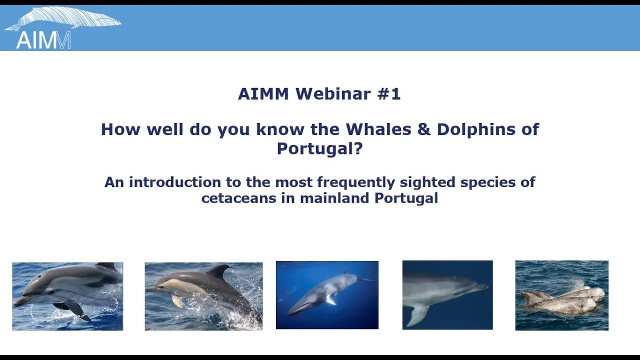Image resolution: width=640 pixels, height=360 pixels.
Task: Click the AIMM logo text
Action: click(x=43, y=40)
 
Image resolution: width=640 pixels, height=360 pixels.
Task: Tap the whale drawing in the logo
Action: click(x=63, y=18)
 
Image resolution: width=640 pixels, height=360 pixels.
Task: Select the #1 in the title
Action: click(x=389, y=93)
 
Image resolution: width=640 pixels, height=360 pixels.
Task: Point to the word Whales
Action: click(x=378, y=129)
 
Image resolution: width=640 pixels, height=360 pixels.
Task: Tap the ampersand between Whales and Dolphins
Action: click(x=424, y=129)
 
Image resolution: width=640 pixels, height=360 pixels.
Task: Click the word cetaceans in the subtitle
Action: click(x=238, y=198)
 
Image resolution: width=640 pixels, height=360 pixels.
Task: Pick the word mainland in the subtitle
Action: click(x=334, y=197)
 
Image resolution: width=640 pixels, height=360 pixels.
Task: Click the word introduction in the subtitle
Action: click(x=175, y=182)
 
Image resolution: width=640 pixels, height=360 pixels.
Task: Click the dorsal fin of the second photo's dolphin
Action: click(x=218, y=270)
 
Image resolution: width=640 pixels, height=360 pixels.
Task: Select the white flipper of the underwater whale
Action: click(x=330, y=300)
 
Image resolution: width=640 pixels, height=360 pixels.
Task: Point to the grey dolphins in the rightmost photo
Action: click(x=562, y=300)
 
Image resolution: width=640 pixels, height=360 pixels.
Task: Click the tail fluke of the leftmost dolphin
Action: click(x=82, y=315)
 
